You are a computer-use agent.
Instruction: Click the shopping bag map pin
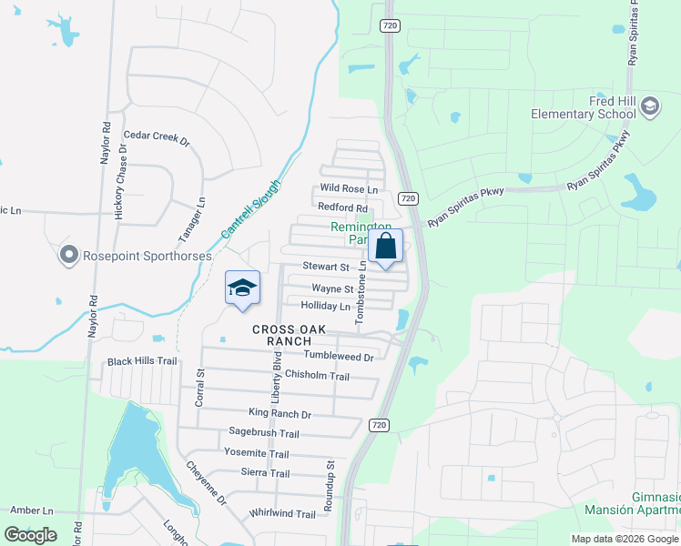click(385, 247)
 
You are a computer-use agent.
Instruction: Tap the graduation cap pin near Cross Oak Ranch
click(242, 289)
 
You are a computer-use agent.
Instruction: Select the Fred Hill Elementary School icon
click(650, 107)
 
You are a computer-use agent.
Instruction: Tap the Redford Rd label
click(342, 208)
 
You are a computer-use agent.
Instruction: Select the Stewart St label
click(326, 268)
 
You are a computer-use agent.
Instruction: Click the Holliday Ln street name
click(325, 307)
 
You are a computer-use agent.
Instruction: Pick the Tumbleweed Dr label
click(339, 357)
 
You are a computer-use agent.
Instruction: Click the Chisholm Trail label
click(317, 376)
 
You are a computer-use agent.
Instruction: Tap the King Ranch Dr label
click(273, 414)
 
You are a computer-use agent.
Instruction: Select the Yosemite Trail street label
click(256, 453)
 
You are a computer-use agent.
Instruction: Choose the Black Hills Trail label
click(141, 361)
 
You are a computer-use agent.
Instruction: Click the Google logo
click(30, 535)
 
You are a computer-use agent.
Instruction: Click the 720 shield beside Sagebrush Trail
click(380, 425)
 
